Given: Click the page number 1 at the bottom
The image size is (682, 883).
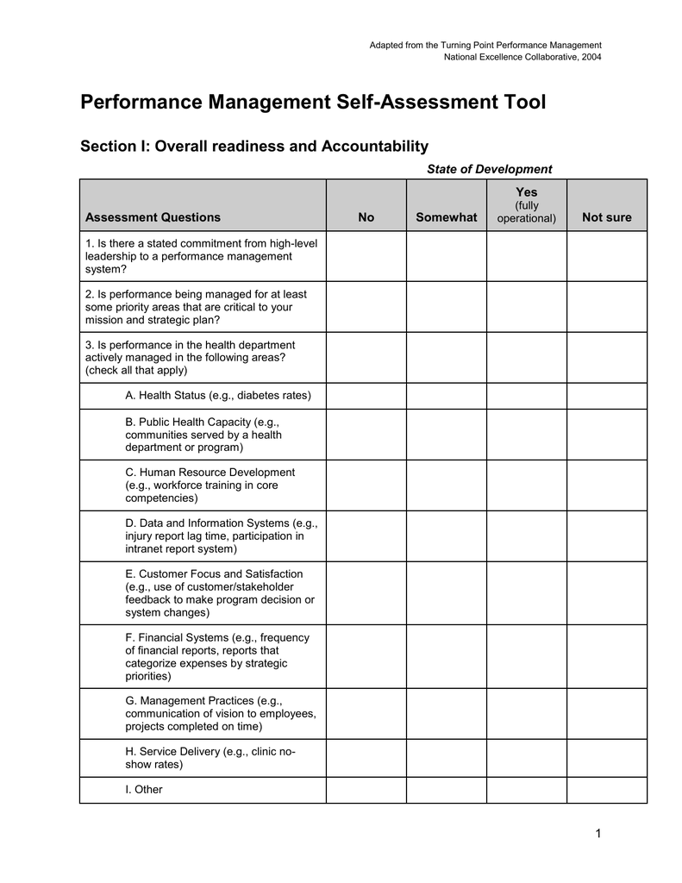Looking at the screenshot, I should click(x=597, y=833).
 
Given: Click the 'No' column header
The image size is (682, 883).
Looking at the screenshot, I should click(x=366, y=217).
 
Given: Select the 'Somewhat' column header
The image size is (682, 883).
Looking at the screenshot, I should click(x=446, y=217).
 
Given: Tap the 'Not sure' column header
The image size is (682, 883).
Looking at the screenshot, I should click(x=606, y=217).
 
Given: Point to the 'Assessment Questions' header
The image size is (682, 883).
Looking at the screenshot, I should click(x=153, y=217).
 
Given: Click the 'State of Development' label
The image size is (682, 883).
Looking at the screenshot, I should click(x=489, y=169).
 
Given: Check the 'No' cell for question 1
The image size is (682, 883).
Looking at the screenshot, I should click(x=366, y=256).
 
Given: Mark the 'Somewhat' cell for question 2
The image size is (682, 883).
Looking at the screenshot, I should click(x=446, y=307).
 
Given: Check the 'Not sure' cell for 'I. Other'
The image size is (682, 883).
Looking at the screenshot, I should click(x=606, y=789).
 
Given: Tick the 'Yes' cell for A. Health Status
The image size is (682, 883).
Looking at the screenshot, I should click(x=526, y=396).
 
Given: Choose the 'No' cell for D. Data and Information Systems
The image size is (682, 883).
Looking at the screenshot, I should click(x=366, y=535).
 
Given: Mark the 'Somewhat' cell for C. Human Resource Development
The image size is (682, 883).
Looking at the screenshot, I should click(x=446, y=485).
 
